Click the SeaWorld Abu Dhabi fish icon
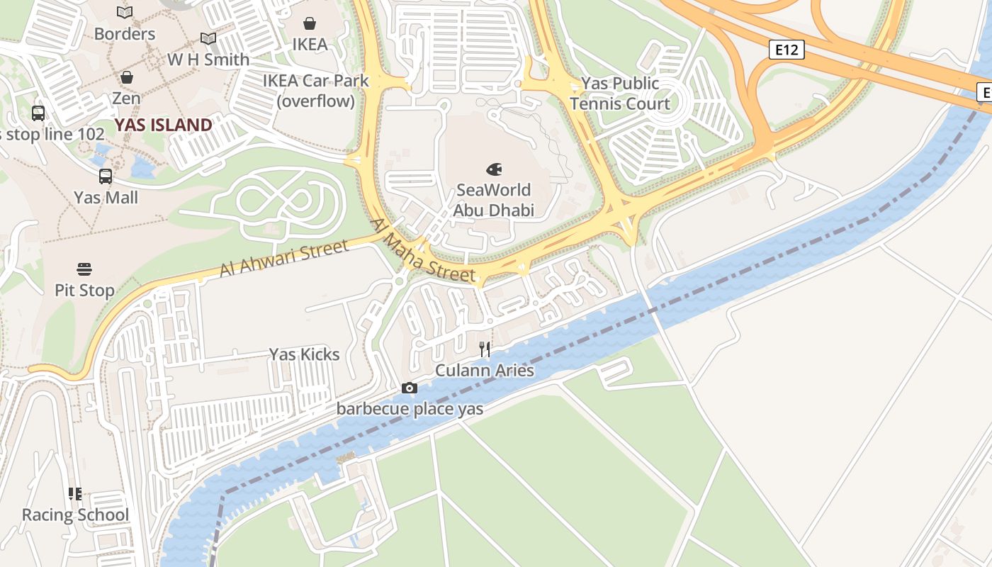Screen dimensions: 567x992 click(494, 169)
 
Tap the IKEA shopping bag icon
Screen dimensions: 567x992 click(310, 23)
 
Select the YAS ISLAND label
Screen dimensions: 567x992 click(164, 125)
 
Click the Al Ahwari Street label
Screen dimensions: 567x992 click(284, 259)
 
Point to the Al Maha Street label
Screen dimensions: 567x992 click(422, 250)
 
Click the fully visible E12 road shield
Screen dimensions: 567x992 click(787, 50)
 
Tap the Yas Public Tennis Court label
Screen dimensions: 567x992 click(620, 94)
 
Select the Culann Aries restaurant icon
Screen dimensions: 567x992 click(485, 349)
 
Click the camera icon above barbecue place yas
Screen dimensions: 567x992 click(409, 388)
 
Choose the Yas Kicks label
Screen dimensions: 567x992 click(304, 354)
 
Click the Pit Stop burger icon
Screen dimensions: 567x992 click(84, 269)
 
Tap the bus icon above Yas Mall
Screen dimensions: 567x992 click(106, 176)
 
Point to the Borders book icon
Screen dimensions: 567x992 click(125, 12)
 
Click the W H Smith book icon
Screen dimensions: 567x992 click(208, 38)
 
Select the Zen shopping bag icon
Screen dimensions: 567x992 click(126, 77)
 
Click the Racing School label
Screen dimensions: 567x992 click(75, 515)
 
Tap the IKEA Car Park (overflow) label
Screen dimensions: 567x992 click(316, 91)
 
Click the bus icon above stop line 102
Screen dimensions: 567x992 click(38, 113)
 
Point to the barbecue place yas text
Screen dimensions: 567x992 click(410, 409)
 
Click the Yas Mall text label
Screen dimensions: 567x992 click(106, 197)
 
